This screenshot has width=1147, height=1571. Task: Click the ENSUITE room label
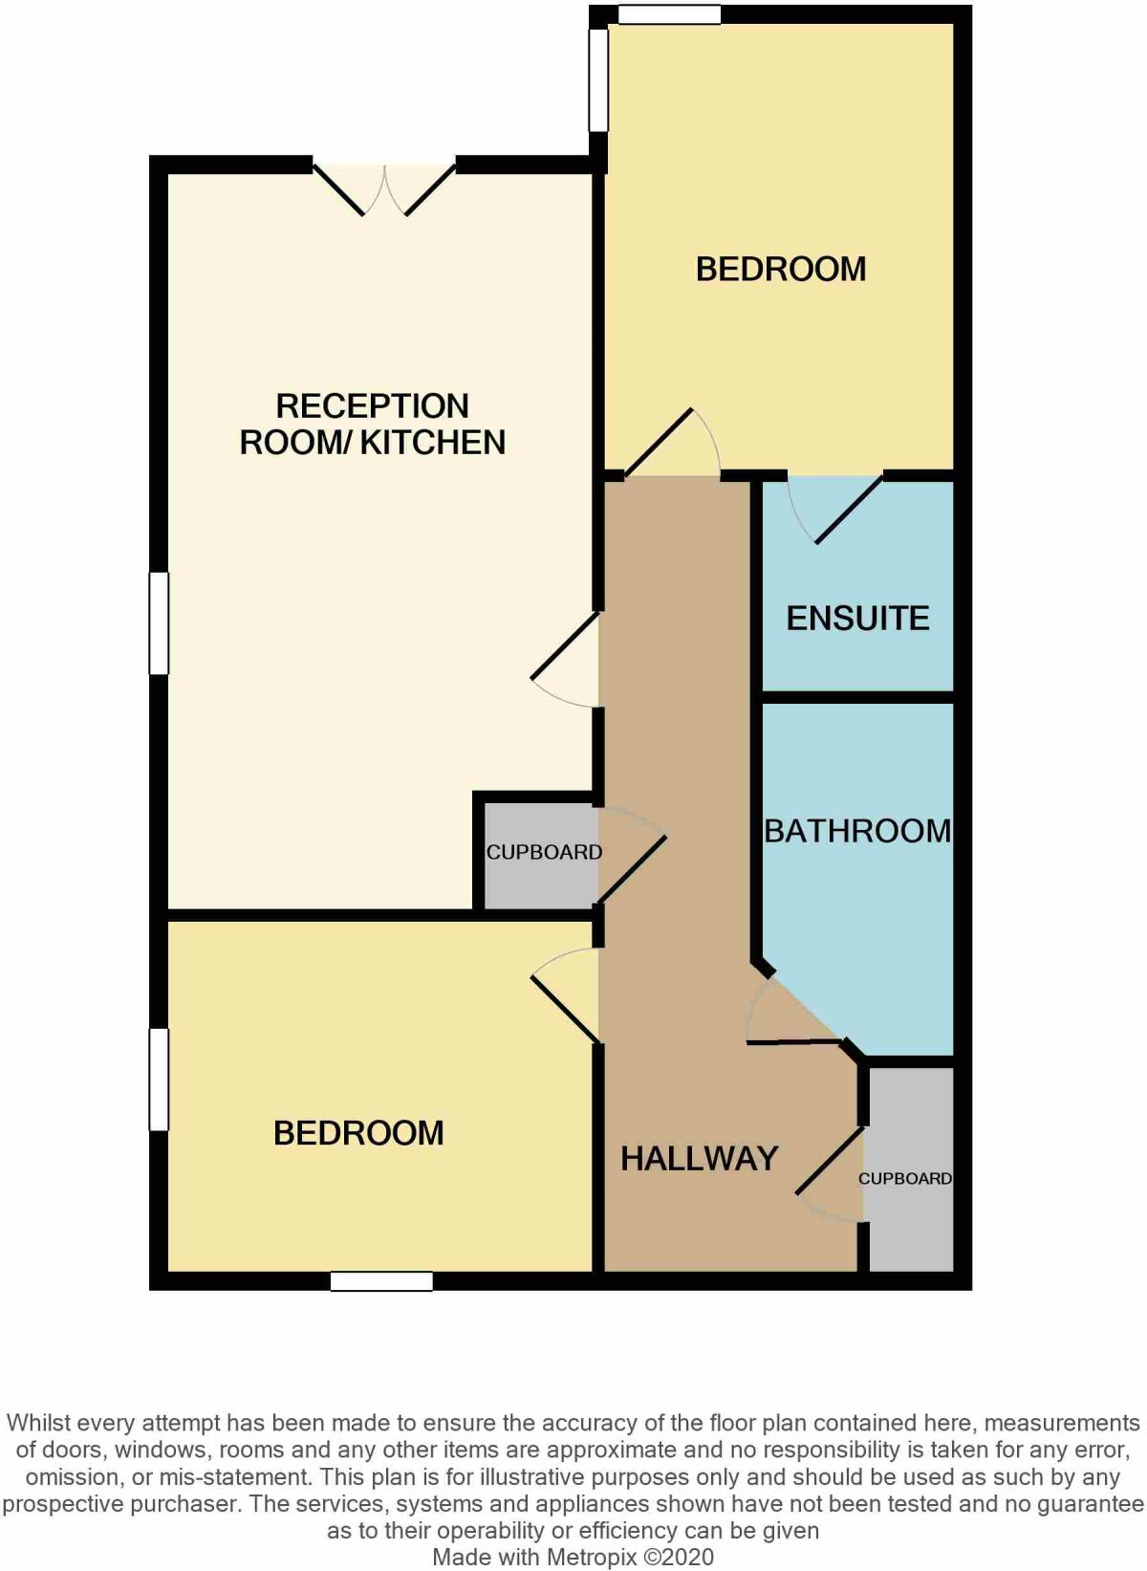[857, 619]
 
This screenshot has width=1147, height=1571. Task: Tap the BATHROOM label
[857, 831]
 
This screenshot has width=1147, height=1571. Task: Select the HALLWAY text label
[700, 1159]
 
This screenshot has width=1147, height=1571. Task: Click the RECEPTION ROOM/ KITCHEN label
[373, 424]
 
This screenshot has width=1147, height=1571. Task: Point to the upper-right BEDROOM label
[781, 269]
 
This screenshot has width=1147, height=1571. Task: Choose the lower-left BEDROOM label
[358, 1133]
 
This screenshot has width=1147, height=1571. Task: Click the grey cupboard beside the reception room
[541, 854]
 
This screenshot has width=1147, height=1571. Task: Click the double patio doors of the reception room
[384, 187]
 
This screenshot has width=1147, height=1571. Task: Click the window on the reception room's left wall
[159, 622]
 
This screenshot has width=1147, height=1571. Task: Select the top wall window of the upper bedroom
[668, 14]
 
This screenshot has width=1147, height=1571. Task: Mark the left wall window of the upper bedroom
[598, 79]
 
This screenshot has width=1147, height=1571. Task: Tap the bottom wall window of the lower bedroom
[381, 1281]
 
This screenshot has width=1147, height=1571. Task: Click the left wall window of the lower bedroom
[159, 1079]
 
